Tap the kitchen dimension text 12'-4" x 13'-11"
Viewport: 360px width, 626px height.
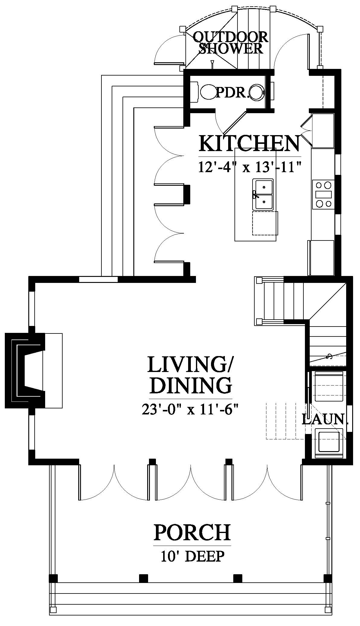point(250,167)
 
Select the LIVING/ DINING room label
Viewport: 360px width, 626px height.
point(191,374)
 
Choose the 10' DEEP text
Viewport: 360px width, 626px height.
point(192,556)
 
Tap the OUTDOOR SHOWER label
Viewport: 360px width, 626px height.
point(231,43)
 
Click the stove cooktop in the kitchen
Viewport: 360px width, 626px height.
point(323,194)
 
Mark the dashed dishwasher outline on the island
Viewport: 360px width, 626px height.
point(265,223)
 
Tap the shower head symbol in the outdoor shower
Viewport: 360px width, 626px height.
point(213,64)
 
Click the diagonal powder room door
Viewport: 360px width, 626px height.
point(235,123)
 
